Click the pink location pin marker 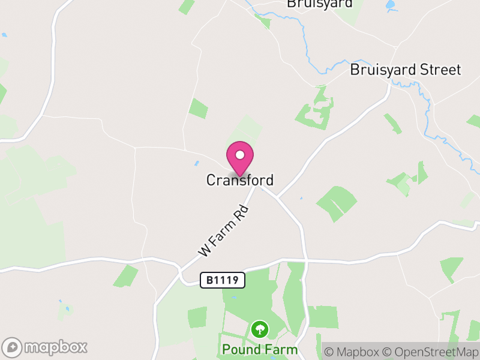[240, 158]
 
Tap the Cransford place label [240, 180]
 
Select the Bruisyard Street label [406, 70]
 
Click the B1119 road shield [223, 280]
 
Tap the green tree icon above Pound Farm [260, 329]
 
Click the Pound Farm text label [260, 349]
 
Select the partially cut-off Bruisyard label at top [319, 4]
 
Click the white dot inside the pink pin [240, 155]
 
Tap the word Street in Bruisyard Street [439, 70]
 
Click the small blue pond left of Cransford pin [196, 163]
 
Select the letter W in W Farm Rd [205, 250]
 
